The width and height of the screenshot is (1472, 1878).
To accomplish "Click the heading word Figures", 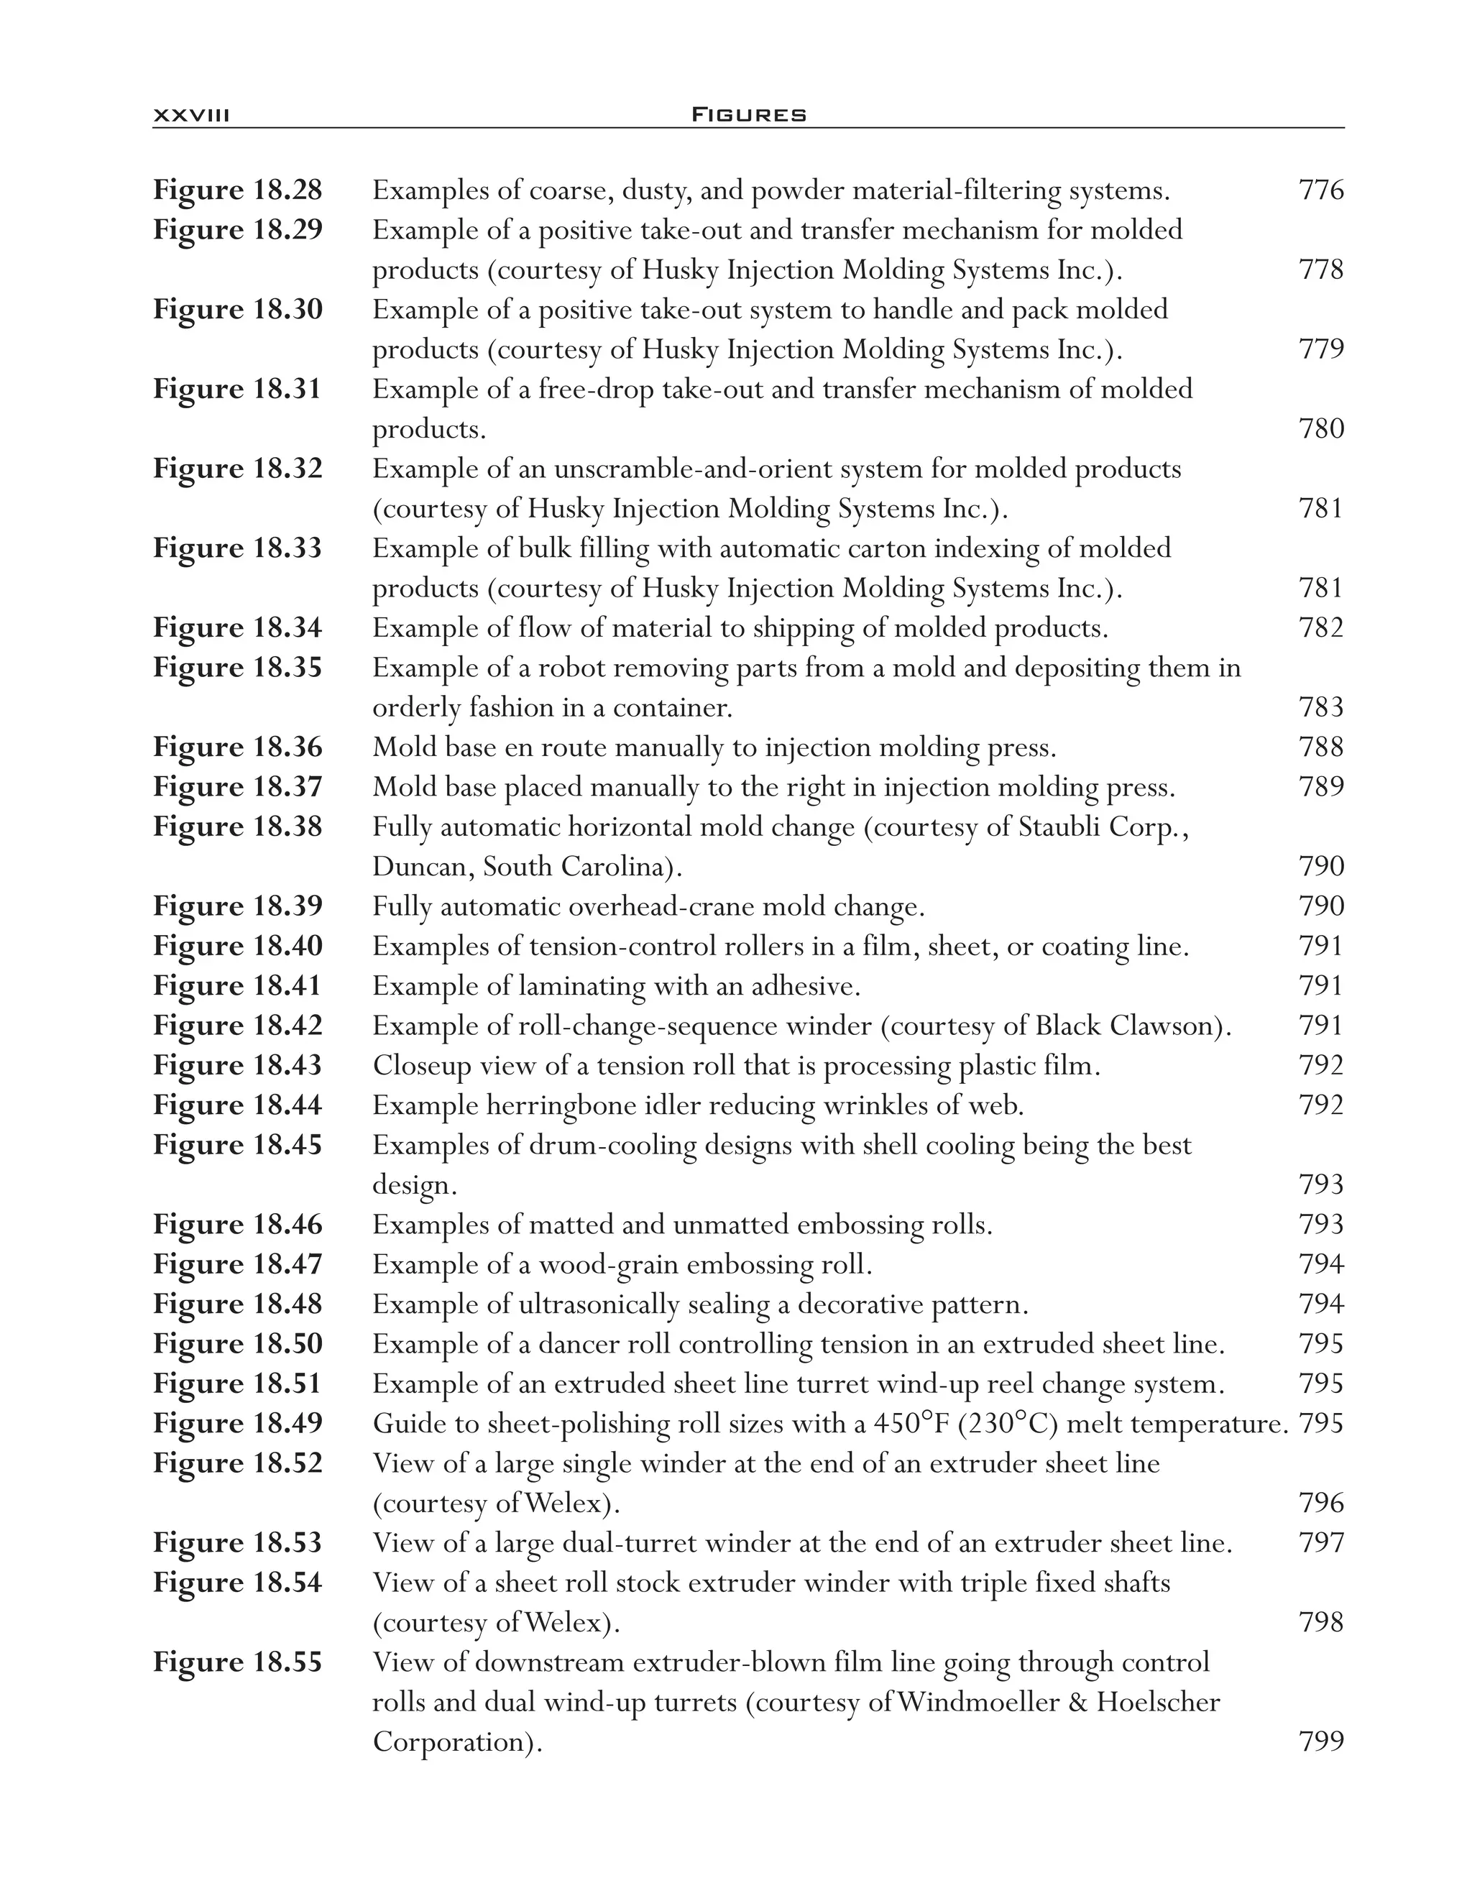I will pos(749,114).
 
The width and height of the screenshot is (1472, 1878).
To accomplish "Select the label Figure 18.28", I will pos(238,190).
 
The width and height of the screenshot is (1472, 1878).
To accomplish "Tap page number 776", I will pos(1320,190).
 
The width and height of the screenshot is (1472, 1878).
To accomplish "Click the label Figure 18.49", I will pos(238,1423).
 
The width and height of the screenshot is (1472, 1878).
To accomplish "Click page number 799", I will pos(1320,1742).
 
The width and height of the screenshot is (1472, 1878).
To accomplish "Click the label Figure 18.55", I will pos(238,1662).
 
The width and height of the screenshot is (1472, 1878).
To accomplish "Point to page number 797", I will pos(1320,1543).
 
